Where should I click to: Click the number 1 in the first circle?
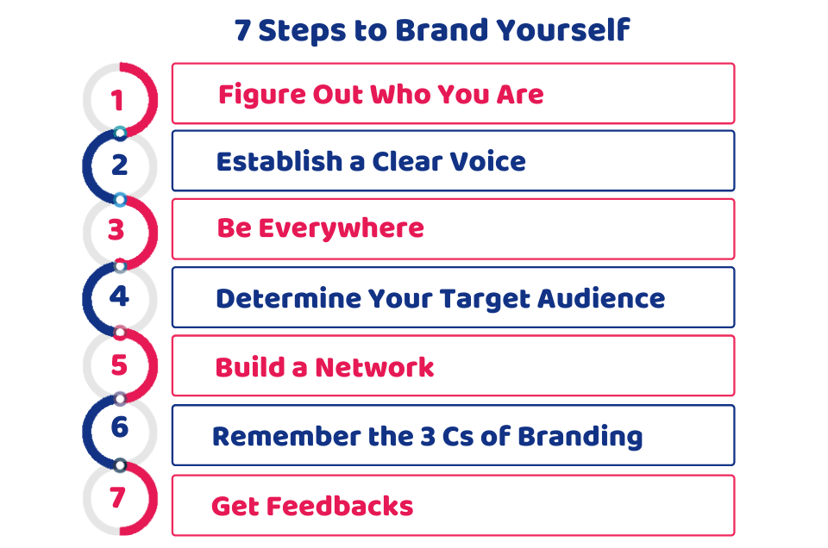pos(117,100)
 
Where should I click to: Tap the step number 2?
pos(120,165)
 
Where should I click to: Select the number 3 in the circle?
pos(116,230)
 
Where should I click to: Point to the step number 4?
pos(119,296)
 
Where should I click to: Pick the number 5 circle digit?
pos(119,365)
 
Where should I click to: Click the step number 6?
pos(120,427)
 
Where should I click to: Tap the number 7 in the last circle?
pos(117,497)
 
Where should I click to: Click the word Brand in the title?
pos(441,30)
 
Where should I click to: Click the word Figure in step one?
pos(261,96)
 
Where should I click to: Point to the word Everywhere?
pos(342,228)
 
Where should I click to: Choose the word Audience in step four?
pos(601,298)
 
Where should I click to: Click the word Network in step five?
pos(374,367)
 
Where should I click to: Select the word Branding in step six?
pos(580,437)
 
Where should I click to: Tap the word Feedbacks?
pos(340,506)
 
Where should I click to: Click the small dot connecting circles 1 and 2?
pos(120,133)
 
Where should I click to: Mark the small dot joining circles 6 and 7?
pos(120,465)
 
